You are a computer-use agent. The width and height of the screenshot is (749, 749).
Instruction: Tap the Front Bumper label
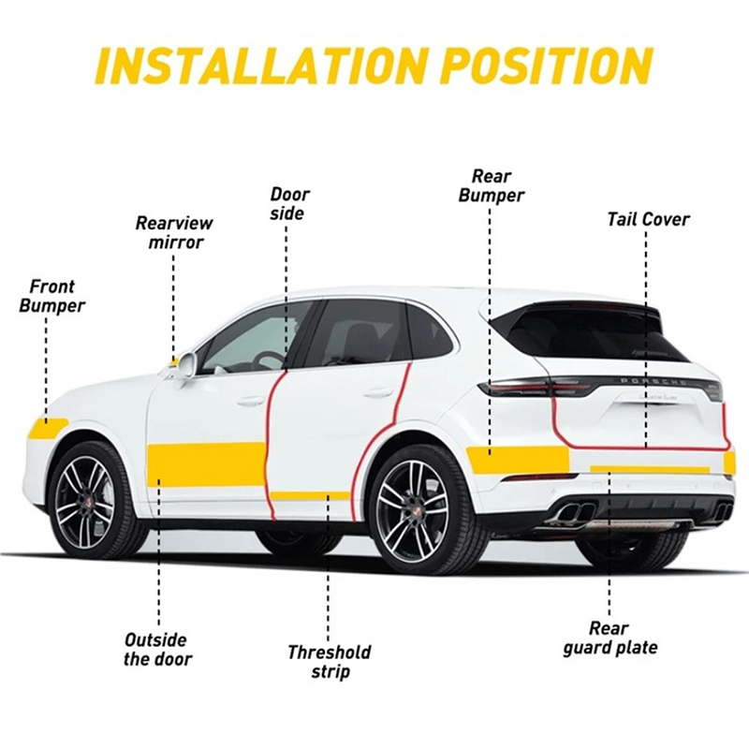pyautogui.click(x=52, y=296)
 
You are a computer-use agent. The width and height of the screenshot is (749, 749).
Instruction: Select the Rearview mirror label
pyautogui.click(x=175, y=232)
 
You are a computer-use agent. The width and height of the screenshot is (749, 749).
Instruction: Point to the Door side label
pyautogui.click(x=290, y=204)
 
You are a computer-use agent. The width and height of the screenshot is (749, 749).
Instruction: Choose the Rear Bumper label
pyautogui.click(x=491, y=186)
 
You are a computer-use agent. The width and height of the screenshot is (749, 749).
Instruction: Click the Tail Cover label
pyautogui.click(x=648, y=220)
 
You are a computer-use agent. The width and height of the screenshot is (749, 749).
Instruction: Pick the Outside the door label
pyautogui.click(x=157, y=649)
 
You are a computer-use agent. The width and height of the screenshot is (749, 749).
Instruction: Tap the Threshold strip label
pyautogui.click(x=330, y=662)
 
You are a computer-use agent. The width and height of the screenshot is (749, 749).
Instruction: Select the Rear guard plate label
pyautogui.click(x=610, y=639)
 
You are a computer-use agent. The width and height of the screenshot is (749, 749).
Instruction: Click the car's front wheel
pyautogui.click(x=92, y=500)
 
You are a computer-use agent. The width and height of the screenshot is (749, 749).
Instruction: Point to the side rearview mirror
pyautogui.click(x=183, y=364)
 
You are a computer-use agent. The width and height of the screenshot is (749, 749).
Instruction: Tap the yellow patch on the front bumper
pyautogui.click(x=48, y=428)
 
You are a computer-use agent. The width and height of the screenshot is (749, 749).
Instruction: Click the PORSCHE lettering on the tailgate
pyautogui.click(x=653, y=382)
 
